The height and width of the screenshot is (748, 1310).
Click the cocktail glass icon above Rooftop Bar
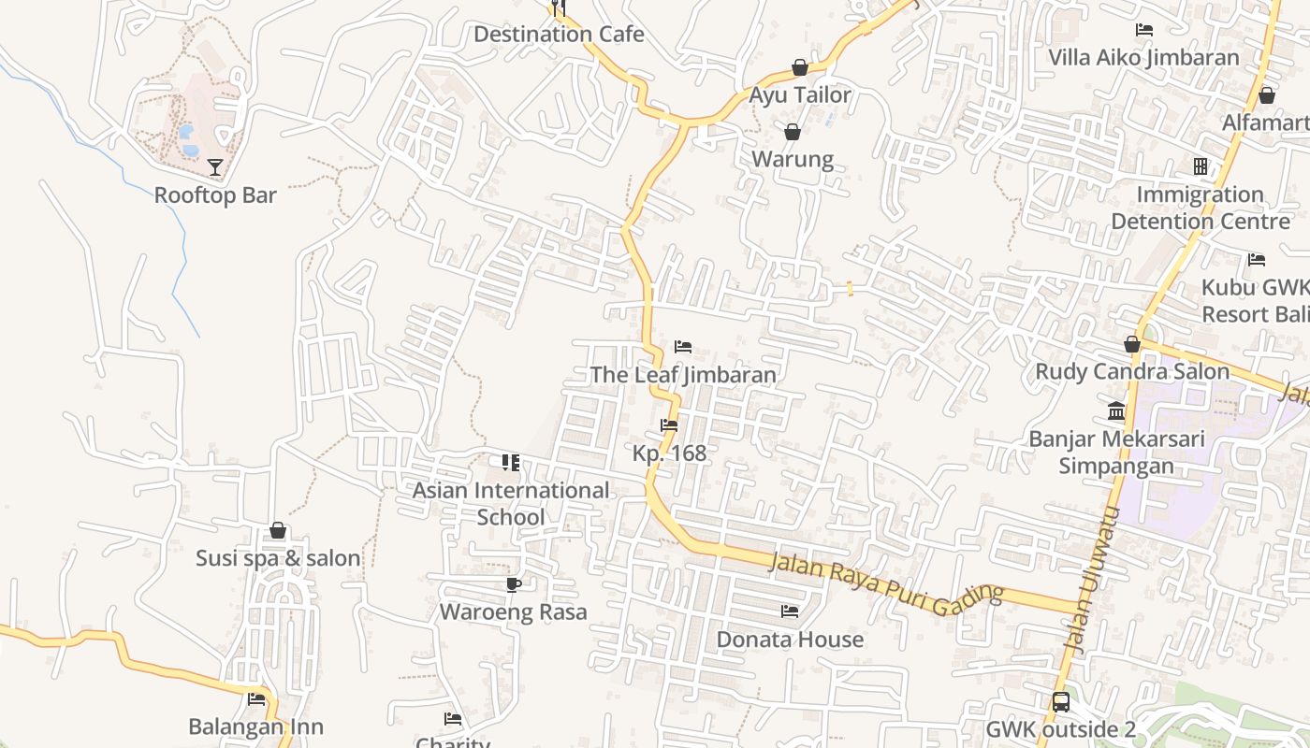pos(215,167)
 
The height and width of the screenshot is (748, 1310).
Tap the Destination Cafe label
pos(559,35)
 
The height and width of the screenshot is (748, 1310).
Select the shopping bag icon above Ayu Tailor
pos(800,67)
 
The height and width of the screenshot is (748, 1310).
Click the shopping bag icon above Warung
pos(793,132)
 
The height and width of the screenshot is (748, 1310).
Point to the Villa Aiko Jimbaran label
pos(1143,57)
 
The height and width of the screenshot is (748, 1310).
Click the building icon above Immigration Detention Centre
pos(1200,166)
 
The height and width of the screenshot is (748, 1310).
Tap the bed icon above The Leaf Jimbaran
pos(683,347)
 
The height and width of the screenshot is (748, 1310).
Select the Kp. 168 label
pos(669,453)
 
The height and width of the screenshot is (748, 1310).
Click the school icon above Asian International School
pos(511,463)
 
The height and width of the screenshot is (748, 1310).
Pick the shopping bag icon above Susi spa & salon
pos(278,531)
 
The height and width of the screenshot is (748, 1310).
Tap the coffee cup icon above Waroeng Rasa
pos(513,585)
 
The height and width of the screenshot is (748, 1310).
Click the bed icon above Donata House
pos(790,611)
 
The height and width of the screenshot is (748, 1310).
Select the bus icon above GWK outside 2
pos(1060,702)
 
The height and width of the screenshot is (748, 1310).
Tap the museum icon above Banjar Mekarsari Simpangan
pos(1116,411)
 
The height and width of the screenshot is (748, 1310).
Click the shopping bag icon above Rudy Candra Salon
pos(1132,344)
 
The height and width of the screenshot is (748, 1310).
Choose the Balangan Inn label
pos(255,726)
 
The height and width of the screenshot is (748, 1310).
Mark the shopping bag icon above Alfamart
pos(1266,95)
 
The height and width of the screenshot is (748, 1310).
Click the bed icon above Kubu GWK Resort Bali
pos(1257,260)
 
